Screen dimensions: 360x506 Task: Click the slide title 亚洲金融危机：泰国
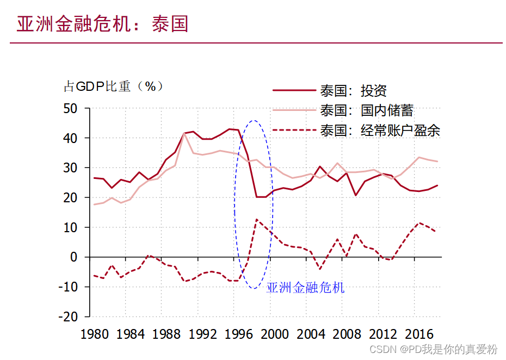102,24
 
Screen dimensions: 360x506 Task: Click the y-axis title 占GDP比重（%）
114,86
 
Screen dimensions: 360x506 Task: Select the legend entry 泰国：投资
354,91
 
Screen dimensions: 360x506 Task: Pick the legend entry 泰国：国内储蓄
367,110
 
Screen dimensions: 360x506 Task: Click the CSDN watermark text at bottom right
434,349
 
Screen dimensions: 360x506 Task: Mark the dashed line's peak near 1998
256,220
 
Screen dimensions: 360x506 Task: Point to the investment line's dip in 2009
355,195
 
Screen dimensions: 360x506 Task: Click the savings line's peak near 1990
184,133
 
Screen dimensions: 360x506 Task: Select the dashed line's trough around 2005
320,269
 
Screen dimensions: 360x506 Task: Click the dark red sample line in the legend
294,91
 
